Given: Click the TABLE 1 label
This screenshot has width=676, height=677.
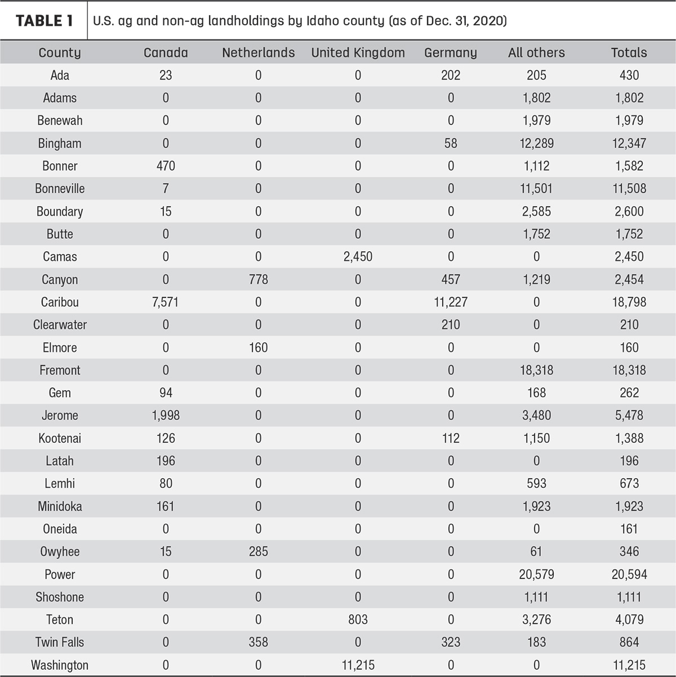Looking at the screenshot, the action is click(x=45, y=21).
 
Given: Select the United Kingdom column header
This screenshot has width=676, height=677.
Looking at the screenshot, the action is click(x=358, y=53).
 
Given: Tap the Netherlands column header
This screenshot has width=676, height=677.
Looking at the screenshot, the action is click(x=259, y=53).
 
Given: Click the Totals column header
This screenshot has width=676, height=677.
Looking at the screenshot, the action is click(x=629, y=53).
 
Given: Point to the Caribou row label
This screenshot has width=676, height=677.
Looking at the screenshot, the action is click(x=60, y=302).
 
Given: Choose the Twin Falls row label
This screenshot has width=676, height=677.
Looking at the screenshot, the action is click(x=60, y=642).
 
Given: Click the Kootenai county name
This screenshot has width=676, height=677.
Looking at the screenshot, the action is click(x=60, y=438).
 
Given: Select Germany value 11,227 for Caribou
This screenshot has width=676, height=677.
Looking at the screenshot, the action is click(x=451, y=302).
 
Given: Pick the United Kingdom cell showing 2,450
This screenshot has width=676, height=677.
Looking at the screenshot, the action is click(x=358, y=257).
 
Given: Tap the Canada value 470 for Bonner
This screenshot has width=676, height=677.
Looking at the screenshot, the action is click(x=166, y=166).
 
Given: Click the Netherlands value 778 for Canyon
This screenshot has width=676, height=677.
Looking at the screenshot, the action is click(x=259, y=280).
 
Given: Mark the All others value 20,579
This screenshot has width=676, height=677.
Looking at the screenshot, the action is click(x=536, y=574).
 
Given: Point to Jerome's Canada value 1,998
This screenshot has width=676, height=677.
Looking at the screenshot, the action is click(x=166, y=416).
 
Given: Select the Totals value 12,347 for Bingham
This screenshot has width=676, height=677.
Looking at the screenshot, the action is click(x=629, y=143).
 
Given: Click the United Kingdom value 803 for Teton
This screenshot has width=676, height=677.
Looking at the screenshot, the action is click(x=358, y=620).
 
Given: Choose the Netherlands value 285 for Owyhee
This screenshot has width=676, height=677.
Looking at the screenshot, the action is click(x=259, y=551).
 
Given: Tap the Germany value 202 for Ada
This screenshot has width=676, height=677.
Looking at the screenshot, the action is click(x=451, y=75).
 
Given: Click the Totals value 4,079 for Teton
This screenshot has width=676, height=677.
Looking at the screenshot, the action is click(x=629, y=620).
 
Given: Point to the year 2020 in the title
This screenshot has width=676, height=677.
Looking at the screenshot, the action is click(x=490, y=21).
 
